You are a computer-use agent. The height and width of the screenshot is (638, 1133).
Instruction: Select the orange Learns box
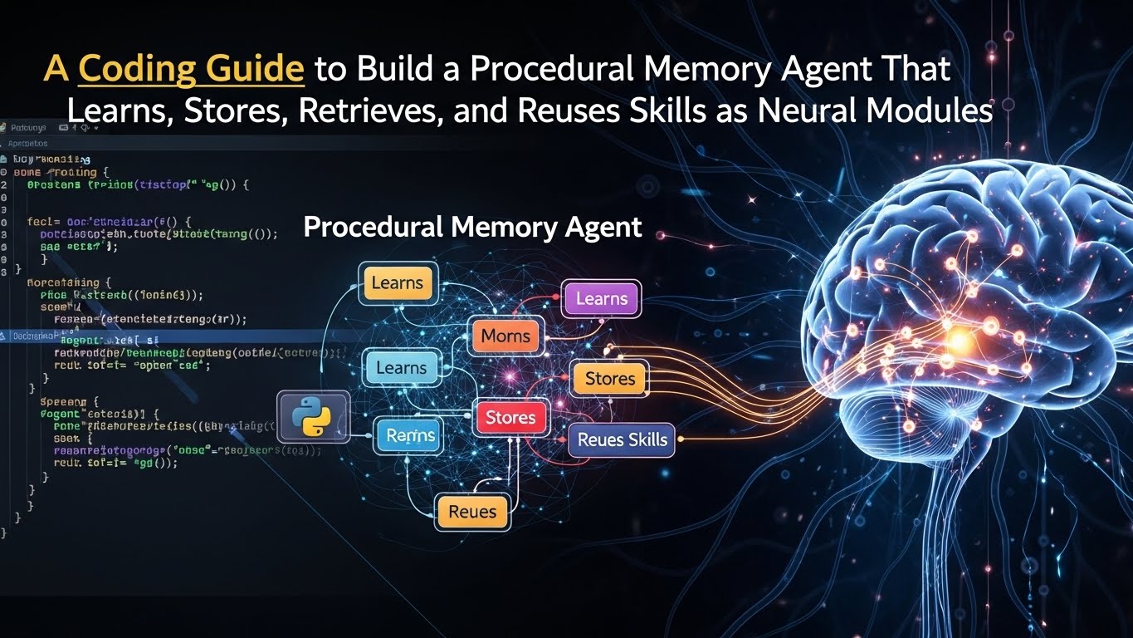coord(397,282)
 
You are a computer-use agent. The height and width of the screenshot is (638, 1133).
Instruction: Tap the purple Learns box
coord(601,299)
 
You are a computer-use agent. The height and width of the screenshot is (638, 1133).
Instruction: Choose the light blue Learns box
coord(401,368)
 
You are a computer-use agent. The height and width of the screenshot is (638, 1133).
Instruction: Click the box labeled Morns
coord(505,337)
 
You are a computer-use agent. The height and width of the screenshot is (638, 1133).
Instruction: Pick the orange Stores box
coord(609,379)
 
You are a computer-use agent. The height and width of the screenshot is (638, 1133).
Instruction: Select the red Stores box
coord(510,417)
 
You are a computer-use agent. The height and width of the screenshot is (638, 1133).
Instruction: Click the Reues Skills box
coord(622,439)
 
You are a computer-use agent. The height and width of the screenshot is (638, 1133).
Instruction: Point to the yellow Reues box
coord(471,512)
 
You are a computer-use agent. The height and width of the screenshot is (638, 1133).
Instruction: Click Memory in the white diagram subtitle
coord(497,227)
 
